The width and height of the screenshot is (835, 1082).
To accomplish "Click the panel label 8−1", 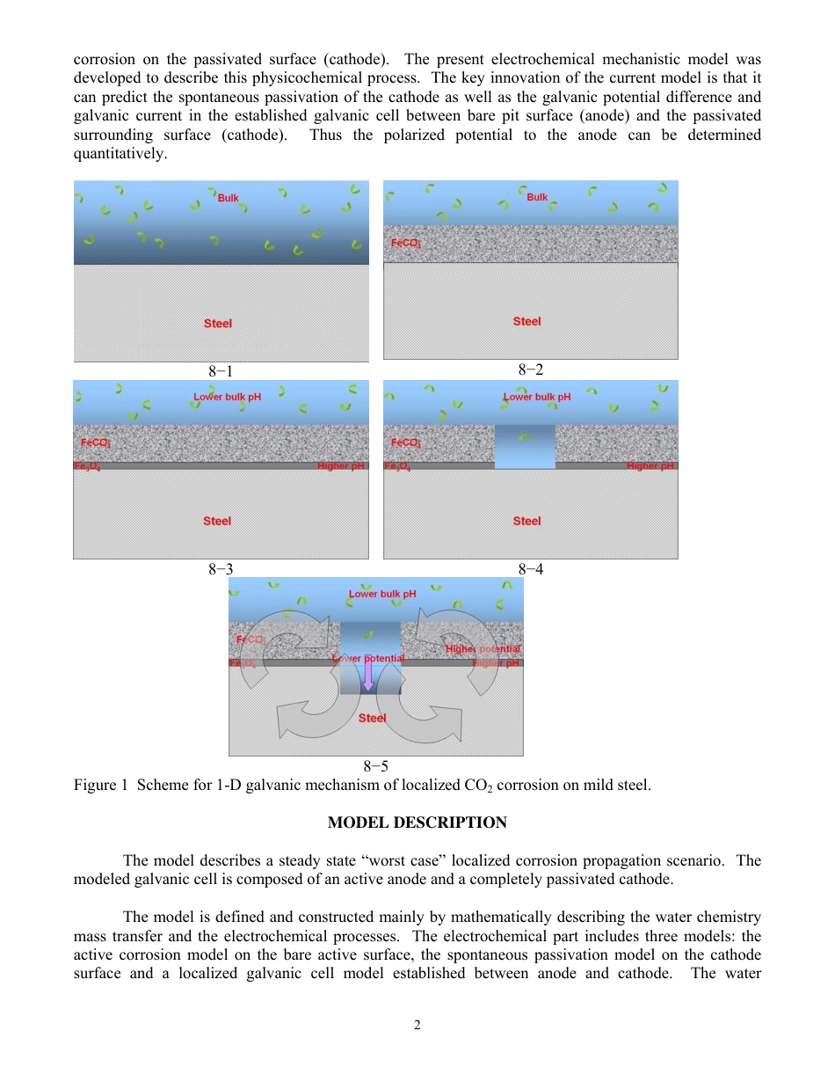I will (221, 371).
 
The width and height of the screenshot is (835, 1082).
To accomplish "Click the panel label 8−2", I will (531, 369).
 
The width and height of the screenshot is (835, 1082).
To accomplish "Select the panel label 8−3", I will (221, 569).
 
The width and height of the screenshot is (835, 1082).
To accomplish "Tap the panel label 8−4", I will (531, 569).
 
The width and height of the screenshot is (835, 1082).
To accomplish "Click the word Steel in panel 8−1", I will (218, 324).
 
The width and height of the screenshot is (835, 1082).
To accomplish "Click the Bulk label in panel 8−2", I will (537, 198).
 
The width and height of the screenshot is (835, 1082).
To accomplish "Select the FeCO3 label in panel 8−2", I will (405, 243).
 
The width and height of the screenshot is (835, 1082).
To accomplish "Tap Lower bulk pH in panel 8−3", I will (227, 397).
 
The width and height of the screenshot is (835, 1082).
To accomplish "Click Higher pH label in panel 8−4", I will (650, 465).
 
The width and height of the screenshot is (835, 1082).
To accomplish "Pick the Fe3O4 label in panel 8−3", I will (87, 466).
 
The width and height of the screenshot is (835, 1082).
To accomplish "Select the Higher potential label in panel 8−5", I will (483, 649).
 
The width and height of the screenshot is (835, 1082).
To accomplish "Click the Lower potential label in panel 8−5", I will (368, 658).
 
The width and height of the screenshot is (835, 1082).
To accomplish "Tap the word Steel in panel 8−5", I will (372, 718).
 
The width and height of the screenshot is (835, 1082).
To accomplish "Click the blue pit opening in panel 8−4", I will (525, 446).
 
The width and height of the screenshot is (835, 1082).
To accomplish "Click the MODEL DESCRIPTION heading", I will (417, 823).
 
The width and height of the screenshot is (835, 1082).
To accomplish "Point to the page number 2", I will (417, 1025).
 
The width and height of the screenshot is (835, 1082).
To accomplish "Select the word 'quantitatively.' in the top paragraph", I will (120, 154).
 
